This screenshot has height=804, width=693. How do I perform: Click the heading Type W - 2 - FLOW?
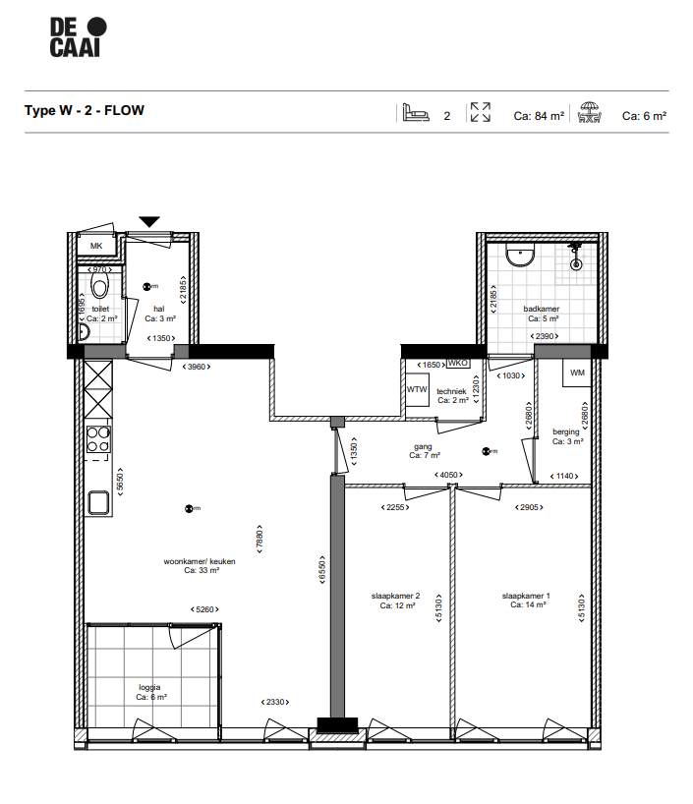(85, 110)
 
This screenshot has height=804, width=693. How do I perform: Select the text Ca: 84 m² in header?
(539, 115)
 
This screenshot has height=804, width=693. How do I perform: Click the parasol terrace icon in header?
(590, 113)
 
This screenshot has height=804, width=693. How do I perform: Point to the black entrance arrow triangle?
(148, 222)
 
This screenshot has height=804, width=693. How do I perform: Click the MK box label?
(96, 247)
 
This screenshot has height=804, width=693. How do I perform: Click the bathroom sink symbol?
(520, 257)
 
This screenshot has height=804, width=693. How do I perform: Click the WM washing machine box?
(576, 373)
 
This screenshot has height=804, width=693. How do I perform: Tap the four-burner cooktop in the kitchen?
(98, 438)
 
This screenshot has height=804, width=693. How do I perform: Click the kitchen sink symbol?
(98, 503)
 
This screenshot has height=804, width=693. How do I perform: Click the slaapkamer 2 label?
(396, 601)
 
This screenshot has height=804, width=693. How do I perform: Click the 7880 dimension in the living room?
(260, 538)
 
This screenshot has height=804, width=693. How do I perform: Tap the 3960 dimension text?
(200, 367)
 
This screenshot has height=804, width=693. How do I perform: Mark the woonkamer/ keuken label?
(200, 564)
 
